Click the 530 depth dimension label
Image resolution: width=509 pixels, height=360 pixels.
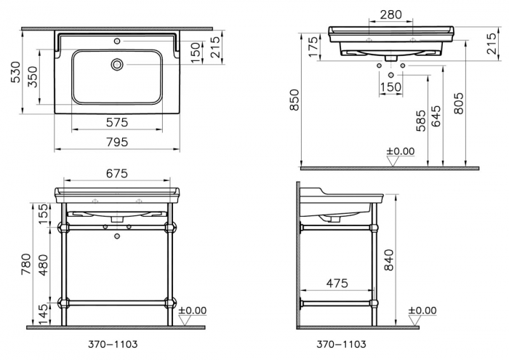click(15, 72)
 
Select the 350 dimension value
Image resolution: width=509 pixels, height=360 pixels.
click(32, 77)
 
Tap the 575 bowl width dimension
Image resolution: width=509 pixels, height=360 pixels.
click(117, 122)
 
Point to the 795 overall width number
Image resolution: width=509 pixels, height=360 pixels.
click(117, 143)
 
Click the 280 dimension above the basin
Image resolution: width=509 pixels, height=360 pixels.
click(391, 15)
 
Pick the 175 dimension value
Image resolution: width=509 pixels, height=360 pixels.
click(313, 47)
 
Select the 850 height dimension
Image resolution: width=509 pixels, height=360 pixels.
click(294, 100)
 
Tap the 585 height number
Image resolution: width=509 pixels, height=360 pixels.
click(421, 121)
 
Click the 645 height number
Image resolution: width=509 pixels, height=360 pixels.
click(436, 116)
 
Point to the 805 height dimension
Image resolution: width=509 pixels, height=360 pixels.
click(458, 103)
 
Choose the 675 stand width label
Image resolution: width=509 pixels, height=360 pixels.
click(117, 174)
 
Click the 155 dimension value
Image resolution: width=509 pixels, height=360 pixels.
click(43, 214)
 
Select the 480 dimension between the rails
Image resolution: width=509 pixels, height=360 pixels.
click(43, 265)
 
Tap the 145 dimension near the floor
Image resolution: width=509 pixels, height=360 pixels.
click(43, 314)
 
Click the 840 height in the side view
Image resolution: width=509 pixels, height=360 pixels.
click(388, 260)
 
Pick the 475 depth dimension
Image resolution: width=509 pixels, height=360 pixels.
click(337, 283)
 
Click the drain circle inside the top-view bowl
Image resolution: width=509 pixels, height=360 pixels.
click(117, 64)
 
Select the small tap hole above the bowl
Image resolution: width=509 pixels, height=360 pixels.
click(117, 41)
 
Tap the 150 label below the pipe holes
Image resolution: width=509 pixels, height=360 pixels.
click(390, 87)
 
